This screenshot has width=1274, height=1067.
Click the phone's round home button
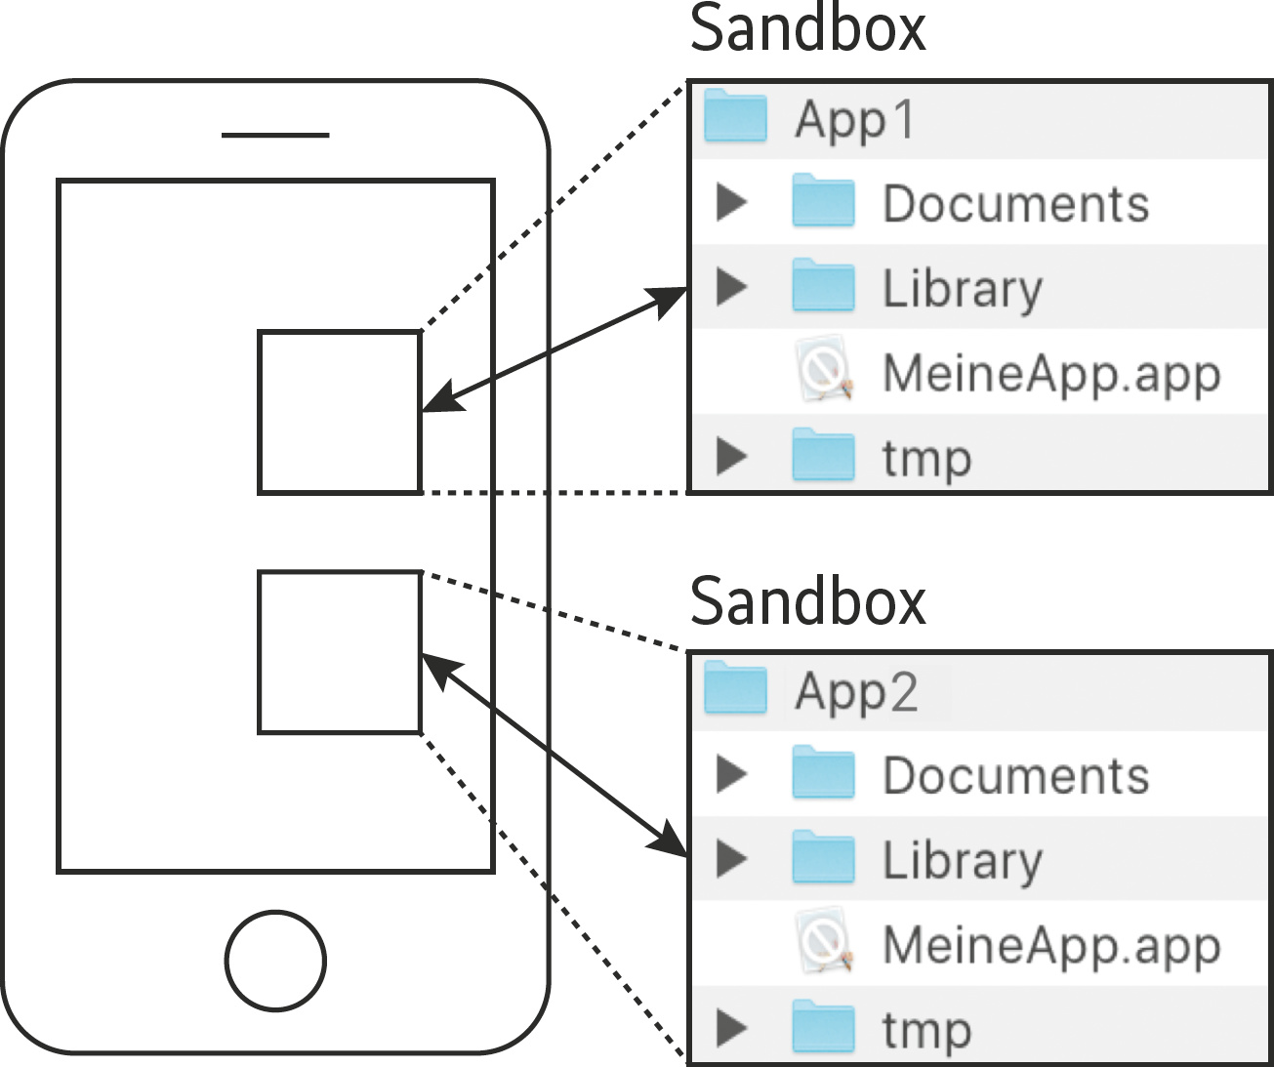[275, 961]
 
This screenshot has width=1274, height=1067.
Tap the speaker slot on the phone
[275, 135]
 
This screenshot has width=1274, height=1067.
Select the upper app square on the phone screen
[340, 412]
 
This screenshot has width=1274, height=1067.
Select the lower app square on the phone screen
[340, 652]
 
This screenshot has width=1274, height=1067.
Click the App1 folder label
[855, 121]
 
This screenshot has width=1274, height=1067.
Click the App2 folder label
[856, 693]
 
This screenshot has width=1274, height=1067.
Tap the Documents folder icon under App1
[823, 201]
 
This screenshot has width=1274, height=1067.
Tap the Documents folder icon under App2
[823, 773]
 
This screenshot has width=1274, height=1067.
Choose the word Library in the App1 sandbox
[963, 289]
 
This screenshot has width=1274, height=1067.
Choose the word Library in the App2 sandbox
[963, 861]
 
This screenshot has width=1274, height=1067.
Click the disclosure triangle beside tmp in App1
[731, 457]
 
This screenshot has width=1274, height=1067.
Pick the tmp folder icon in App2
[823, 1029]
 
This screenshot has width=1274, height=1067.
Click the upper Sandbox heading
[807, 29]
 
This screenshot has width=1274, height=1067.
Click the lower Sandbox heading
[807, 601]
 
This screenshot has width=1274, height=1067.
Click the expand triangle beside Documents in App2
[731, 773]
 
